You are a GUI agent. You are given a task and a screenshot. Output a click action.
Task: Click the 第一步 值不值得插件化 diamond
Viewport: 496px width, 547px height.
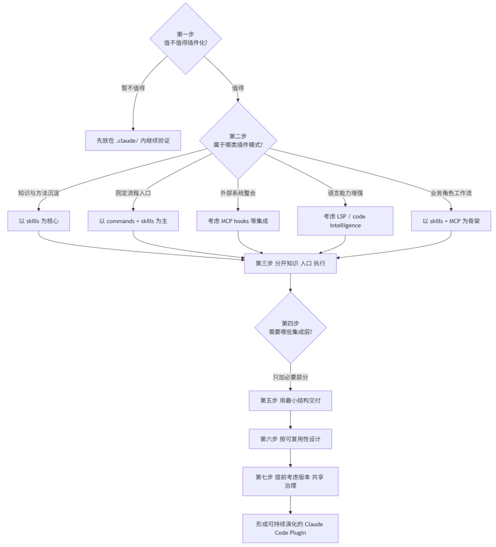click(x=186, y=39)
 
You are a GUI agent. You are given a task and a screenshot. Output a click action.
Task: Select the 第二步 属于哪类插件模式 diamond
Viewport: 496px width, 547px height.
click(x=238, y=140)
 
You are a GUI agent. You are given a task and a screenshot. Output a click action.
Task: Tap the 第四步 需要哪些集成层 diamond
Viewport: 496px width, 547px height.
click(x=290, y=328)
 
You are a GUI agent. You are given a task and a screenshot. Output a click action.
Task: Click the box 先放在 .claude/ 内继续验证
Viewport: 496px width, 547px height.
click(x=133, y=140)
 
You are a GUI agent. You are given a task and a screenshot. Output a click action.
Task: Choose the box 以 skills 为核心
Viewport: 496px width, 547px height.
click(x=39, y=221)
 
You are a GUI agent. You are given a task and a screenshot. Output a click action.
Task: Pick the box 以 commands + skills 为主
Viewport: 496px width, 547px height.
click(x=133, y=221)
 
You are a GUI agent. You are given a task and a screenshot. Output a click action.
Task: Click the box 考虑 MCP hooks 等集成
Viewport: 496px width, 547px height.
click(x=238, y=221)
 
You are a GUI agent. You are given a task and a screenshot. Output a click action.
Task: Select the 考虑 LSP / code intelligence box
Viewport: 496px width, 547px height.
click(x=345, y=221)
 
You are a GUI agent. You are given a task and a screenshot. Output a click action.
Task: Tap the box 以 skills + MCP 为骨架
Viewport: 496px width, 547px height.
click(x=451, y=221)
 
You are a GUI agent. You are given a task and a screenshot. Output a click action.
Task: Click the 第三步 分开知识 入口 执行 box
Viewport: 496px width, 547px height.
click(x=290, y=263)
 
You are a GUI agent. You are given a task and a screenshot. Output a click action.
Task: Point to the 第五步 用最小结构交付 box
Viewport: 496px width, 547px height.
click(x=290, y=401)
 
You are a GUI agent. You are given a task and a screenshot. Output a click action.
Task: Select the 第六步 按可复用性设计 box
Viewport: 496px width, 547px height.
click(x=290, y=439)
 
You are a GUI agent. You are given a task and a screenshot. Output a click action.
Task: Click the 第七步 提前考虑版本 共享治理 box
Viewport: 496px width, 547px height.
click(x=290, y=481)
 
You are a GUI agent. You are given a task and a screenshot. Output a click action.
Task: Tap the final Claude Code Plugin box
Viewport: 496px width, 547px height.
click(x=290, y=529)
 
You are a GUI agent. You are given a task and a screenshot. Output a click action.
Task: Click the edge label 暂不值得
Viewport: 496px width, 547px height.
click(x=133, y=88)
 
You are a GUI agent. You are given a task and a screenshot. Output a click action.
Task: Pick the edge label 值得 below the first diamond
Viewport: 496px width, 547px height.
click(x=238, y=88)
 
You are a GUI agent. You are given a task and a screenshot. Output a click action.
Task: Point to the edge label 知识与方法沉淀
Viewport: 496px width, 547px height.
click(x=39, y=193)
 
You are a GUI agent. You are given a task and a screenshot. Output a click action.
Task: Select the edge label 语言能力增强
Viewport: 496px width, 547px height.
click(x=345, y=193)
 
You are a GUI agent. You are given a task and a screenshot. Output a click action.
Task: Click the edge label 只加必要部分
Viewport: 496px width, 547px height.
click(x=290, y=377)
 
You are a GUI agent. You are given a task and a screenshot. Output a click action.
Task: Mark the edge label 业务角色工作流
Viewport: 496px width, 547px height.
click(x=451, y=193)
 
